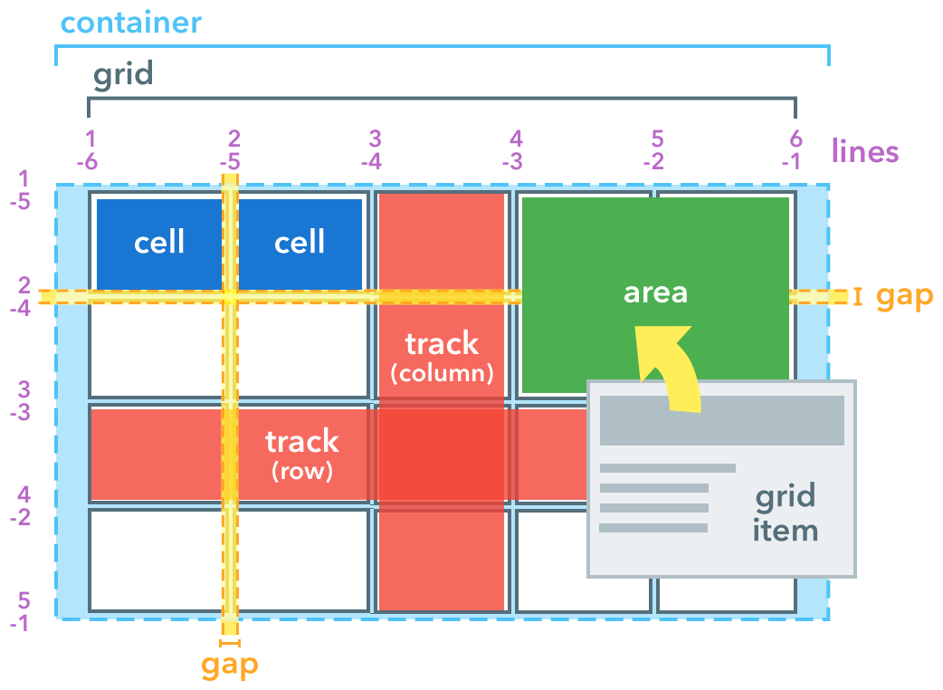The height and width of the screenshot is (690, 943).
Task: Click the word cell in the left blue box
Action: click(x=159, y=242)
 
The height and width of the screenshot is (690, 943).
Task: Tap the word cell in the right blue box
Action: click(x=300, y=242)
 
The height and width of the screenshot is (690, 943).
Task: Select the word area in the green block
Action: click(x=655, y=292)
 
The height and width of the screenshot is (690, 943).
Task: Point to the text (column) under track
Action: click(x=442, y=372)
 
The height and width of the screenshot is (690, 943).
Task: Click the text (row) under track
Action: click(x=301, y=471)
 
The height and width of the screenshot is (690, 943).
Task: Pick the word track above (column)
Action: click(x=442, y=344)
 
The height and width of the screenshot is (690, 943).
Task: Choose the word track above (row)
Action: click(x=301, y=441)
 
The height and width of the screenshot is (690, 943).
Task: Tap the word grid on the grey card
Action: click(x=785, y=496)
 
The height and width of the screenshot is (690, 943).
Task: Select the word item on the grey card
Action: click(x=785, y=529)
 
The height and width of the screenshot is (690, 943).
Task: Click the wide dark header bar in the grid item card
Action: click(x=721, y=420)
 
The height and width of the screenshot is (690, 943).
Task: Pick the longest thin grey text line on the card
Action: click(x=667, y=468)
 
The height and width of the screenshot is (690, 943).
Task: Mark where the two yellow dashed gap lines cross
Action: click(x=230, y=296)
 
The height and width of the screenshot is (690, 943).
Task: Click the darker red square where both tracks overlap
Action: click(x=441, y=453)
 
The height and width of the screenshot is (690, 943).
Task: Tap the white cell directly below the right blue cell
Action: click(x=302, y=350)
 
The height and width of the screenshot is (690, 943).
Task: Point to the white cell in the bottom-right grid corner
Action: click(x=727, y=593)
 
